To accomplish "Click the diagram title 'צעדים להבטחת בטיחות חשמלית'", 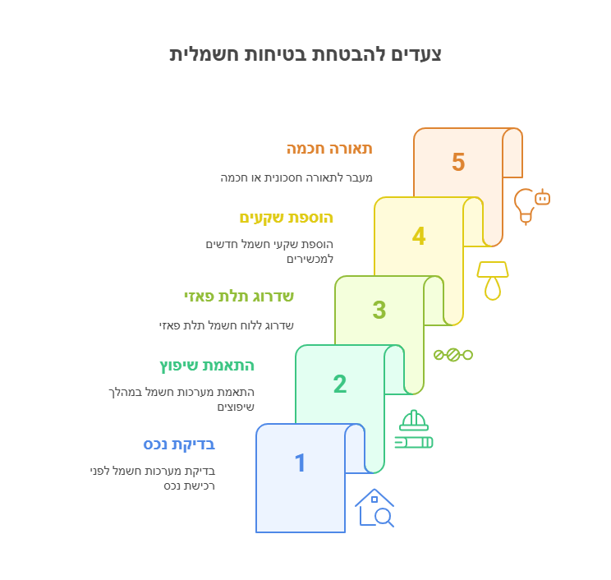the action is point(305,54).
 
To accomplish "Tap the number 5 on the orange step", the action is point(458,162).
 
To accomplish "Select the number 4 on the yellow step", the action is point(419,236).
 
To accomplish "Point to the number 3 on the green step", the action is point(379,310).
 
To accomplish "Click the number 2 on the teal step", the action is point(340,384).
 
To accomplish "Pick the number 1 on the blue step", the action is point(300,463).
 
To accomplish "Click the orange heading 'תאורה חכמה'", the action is point(329,149).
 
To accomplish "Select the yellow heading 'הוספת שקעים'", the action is point(287,218).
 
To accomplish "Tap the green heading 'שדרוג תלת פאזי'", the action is point(239,297).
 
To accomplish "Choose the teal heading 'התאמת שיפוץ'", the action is point(207,366).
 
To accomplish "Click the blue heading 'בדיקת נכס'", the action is point(179,444).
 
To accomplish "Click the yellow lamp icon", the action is point(493,281).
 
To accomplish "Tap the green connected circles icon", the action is point(453,355).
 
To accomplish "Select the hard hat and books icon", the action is point(414,429).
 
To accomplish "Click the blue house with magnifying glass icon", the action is point(374,508).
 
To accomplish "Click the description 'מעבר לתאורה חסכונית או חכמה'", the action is point(296,177).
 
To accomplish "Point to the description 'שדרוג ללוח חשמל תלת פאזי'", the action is point(227,325).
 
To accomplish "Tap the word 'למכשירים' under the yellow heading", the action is point(310,260).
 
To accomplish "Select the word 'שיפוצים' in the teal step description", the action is point(236,407).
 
